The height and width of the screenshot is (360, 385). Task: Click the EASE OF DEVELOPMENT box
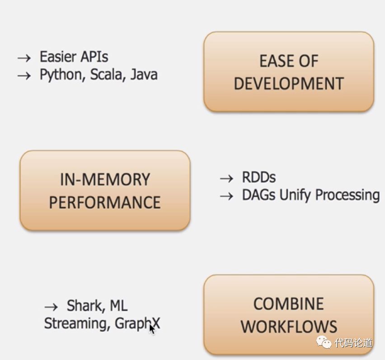pyautogui.click(x=289, y=72)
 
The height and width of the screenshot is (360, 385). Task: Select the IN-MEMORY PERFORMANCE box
pyautogui.click(x=105, y=190)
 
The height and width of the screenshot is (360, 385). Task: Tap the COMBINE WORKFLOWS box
pyautogui.click(x=289, y=315)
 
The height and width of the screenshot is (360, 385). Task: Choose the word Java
pyautogui.click(x=144, y=74)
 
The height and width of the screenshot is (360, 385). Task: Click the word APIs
pyautogui.click(x=93, y=57)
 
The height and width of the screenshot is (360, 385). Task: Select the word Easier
pyautogui.click(x=57, y=57)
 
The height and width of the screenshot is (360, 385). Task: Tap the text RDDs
pyautogui.click(x=258, y=177)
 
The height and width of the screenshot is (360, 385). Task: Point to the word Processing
pyautogui.click(x=347, y=195)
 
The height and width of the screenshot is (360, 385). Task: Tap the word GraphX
pyautogui.click(x=137, y=323)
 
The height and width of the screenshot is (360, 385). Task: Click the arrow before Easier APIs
pyautogui.click(x=24, y=58)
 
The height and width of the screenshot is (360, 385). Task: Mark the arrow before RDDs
pyautogui.click(x=226, y=178)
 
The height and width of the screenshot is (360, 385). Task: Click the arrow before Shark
pyautogui.click(x=52, y=307)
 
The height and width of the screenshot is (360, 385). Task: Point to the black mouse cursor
pyautogui.click(x=152, y=328)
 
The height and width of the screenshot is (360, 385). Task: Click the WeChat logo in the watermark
pyautogui.click(x=324, y=342)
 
